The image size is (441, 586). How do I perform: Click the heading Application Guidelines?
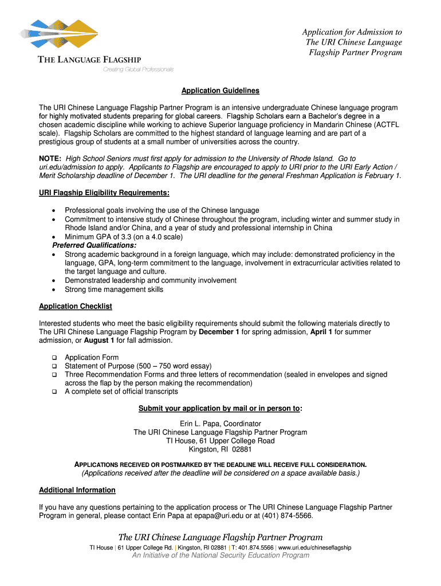(220, 91)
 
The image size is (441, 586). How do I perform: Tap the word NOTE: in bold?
(50, 159)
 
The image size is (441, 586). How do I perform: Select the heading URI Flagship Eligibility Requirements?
(104, 192)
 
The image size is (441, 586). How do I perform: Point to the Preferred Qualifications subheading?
(90, 246)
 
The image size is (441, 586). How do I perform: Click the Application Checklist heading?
(75, 307)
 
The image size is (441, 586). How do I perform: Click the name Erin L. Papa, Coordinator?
(220, 424)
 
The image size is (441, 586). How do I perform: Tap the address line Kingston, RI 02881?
(220, 450)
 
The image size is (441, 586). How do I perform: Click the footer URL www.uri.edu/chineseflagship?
(314, 548)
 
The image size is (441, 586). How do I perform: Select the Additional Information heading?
(77, 490)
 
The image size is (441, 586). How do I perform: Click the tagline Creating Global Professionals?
(138, 70)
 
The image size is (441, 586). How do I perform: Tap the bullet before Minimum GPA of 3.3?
(53, 237)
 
